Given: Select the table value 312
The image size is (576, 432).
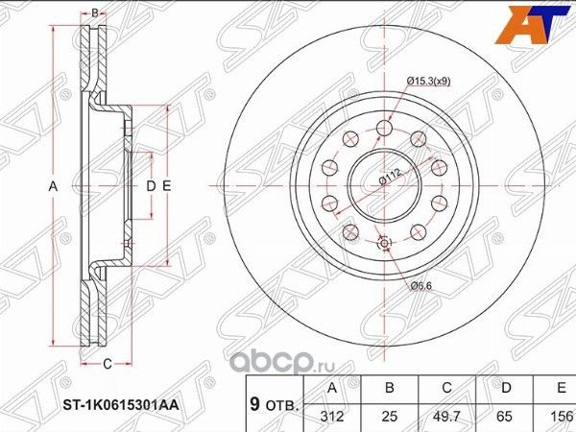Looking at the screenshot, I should (331, 418).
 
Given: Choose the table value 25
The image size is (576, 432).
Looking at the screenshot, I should (388, 418).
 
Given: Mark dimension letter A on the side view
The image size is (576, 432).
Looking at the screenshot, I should (54, 184).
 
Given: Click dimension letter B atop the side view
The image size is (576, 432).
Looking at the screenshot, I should (94, 13).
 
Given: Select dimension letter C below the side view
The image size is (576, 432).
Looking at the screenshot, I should (108, 363).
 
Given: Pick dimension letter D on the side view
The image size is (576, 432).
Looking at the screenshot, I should (151, 184).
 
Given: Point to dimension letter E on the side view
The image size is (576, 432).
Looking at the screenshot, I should (166, 184).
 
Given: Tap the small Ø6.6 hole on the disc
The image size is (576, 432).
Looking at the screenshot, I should (386, 245).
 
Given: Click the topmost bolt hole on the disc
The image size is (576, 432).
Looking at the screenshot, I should (386, 128).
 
